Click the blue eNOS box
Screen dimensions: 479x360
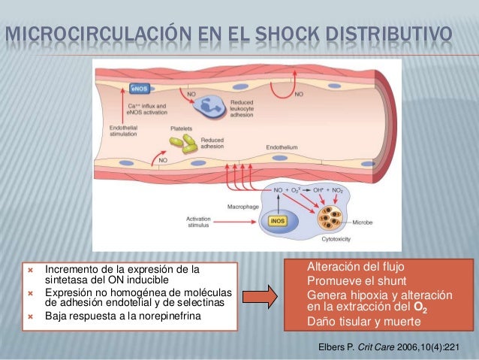140,88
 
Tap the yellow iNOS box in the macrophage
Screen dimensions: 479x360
277,220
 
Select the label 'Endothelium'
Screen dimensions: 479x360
282,147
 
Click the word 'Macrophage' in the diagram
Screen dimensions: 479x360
243,205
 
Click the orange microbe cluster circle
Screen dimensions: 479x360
329,218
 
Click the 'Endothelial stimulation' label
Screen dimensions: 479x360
119,131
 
